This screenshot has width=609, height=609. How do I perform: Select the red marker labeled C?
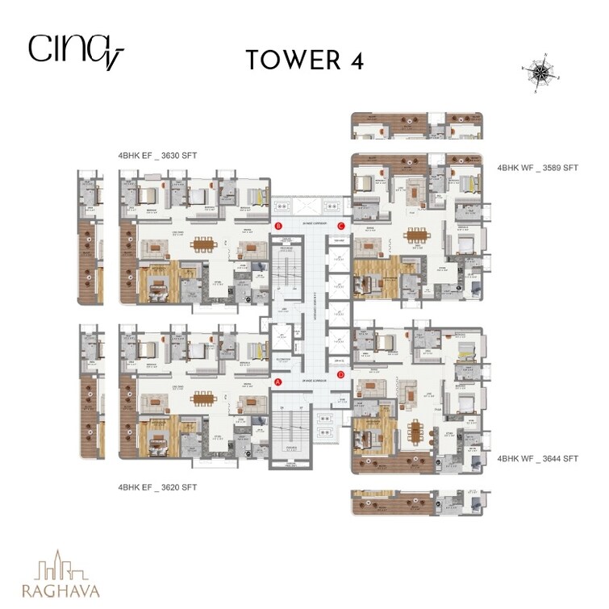[341, 226]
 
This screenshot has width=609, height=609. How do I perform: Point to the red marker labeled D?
[340, 374]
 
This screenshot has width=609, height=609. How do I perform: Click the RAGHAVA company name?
[61, 590]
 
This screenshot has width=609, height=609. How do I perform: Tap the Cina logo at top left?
[74, 50]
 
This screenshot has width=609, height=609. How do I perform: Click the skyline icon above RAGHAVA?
[61, 564]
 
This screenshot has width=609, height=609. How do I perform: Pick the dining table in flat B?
[203, 245]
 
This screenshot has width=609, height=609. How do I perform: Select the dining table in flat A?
[203, 400]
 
